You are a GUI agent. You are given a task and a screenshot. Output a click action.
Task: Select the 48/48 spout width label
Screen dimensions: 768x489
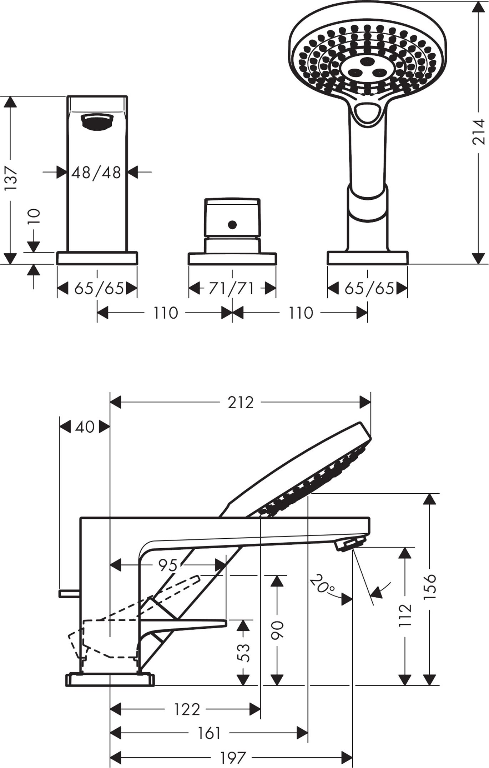[x=96, y=173]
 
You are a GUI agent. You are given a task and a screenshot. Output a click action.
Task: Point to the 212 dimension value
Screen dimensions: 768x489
[x=241, y=403]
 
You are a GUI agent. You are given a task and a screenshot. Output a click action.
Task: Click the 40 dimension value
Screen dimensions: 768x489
[x=85, y=427]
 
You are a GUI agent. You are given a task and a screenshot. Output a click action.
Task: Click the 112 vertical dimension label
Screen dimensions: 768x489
[x=405, y=615]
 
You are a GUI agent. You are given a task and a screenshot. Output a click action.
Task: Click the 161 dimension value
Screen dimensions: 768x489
[x=209, y=734]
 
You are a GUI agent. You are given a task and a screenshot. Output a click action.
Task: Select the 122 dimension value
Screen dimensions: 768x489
[x=187, y=709]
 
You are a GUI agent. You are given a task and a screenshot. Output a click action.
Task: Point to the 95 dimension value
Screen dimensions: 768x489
[x=168, y=565]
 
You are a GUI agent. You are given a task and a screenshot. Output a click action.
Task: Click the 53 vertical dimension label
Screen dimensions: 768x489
[x=243, y=653]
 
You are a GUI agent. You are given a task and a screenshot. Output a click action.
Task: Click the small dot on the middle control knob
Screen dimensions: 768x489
[x=232, y=225]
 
